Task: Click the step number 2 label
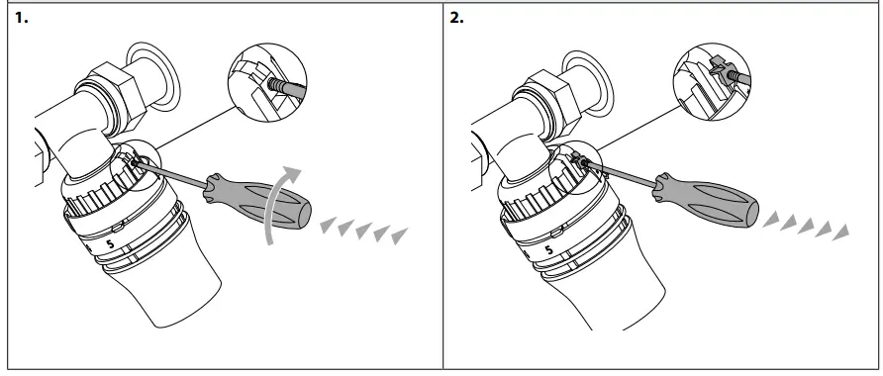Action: tap(456, 18)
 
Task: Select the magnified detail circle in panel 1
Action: tap(266, 85)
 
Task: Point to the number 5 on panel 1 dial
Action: tap(111, 242)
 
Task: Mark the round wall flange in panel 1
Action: tap(149, 70)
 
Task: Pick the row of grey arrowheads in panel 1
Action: tap(363, 232)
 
